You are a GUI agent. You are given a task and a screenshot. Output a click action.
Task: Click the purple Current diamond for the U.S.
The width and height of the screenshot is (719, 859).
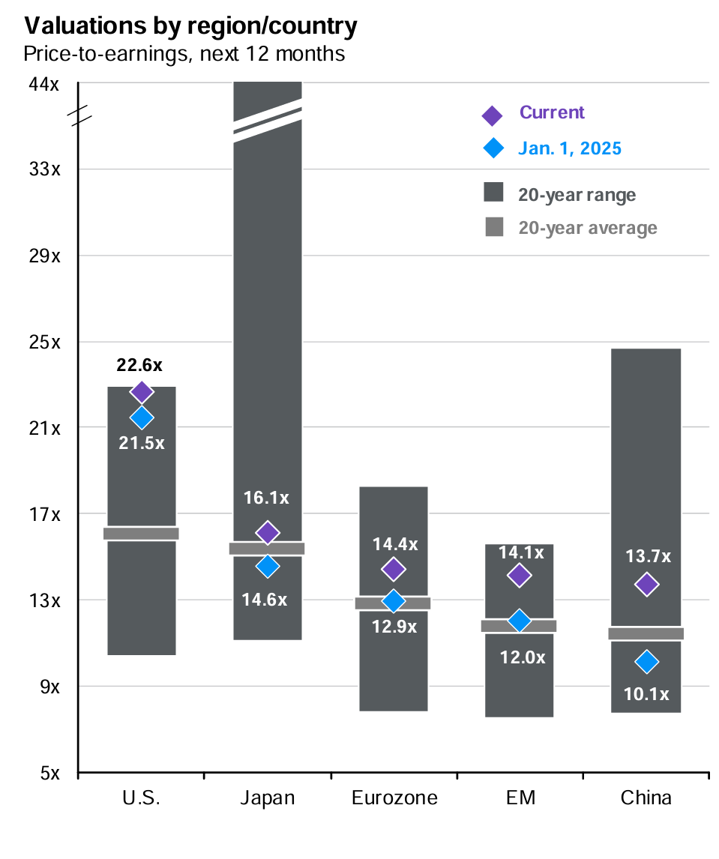[142, 391]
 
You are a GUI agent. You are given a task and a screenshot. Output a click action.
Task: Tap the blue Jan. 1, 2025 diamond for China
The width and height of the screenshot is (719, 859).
[646, 661]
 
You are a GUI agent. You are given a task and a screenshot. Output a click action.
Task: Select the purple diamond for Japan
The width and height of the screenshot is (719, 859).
[268, 532]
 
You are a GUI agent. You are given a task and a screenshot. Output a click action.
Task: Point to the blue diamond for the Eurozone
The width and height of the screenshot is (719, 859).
[393, 600]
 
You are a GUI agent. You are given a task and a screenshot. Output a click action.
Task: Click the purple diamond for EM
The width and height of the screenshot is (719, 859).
[518, 575]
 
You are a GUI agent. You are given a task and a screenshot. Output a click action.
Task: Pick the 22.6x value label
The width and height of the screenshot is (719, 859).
[139, 365]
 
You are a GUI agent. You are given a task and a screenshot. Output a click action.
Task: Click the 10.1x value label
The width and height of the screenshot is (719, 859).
[646, 694]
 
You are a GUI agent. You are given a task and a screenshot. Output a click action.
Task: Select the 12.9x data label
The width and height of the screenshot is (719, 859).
[394, 627]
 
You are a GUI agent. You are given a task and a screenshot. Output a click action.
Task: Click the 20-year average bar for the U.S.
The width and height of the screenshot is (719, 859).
[141, 533]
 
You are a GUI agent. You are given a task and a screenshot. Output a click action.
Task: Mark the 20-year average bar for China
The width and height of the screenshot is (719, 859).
[646, 633]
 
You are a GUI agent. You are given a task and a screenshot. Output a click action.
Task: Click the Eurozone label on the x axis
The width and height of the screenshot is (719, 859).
[394, 798]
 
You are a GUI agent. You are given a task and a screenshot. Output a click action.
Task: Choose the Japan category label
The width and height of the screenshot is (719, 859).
[268, 798]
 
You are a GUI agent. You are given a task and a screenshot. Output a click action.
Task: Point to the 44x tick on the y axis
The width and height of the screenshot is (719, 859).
[44, 84]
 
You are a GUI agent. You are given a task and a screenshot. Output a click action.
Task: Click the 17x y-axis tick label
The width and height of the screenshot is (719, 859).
[44, 514]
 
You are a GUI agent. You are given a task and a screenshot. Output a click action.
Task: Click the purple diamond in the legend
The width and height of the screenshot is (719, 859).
[492, 115]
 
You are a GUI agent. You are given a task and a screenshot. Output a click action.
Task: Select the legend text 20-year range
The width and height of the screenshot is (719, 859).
[577, 195]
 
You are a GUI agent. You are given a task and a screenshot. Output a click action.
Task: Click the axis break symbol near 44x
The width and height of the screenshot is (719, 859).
[79, 115]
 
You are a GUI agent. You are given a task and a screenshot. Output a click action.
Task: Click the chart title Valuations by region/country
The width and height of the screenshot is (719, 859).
[190, 27]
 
